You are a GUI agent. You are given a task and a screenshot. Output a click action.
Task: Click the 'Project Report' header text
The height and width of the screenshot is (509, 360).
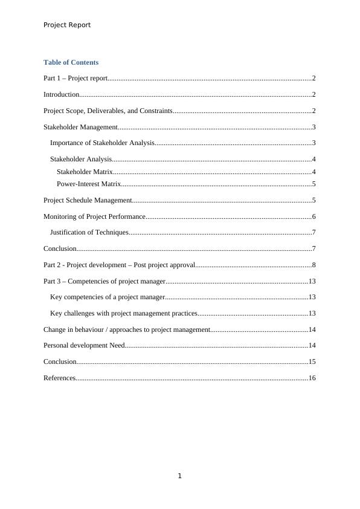[67, 25]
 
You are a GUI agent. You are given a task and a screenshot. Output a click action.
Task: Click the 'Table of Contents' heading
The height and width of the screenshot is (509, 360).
[71, 62]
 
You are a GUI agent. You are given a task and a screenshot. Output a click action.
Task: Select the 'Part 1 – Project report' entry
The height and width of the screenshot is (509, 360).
[76, 78]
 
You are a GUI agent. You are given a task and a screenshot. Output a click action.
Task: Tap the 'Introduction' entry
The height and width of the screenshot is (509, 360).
[62, 94]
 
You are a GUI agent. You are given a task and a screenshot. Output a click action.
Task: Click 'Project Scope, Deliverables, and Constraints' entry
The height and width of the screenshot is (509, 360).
[108, 111]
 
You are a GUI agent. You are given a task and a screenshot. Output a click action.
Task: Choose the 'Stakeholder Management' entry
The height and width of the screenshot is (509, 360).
[80, 127]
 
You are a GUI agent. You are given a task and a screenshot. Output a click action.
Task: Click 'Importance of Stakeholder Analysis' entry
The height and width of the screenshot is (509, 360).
[102, 143]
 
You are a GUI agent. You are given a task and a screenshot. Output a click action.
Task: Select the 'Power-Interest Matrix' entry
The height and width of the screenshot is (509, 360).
[89, 184]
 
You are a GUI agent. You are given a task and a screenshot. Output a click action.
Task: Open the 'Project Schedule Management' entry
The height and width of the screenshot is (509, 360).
[88, 200]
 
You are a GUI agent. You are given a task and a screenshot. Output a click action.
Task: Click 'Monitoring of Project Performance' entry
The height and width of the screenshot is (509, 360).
[94, 216]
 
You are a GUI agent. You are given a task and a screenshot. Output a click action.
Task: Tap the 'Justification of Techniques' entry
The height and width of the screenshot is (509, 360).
[89, 232]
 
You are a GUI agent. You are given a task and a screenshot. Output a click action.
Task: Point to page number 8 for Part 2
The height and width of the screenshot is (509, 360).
[314, 265]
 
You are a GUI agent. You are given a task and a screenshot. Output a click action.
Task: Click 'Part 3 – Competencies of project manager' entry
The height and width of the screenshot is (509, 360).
[104, 281]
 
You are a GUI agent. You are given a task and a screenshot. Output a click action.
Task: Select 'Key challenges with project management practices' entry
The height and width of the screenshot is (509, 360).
[124, 313]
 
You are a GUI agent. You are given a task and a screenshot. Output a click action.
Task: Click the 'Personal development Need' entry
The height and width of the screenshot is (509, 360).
[84, 345]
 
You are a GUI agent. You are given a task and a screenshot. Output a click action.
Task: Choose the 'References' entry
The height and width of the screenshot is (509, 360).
[59, 378]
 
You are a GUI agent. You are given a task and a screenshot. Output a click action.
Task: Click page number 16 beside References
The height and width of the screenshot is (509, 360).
[312, 378]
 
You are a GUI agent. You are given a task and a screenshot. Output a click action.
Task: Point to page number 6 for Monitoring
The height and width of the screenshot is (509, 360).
[314, 216]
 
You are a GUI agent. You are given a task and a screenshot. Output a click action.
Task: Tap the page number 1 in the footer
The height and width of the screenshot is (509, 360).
[180, 476]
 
